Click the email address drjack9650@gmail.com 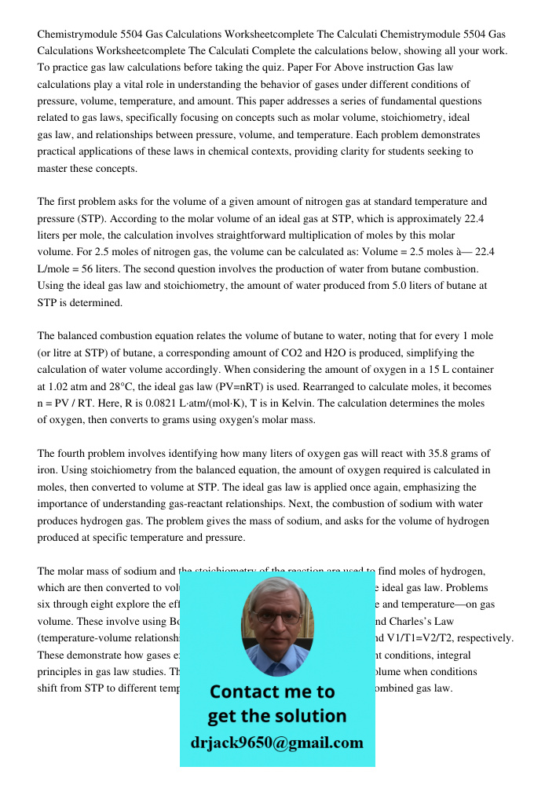point(276,743)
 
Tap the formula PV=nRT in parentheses point(271,386)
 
